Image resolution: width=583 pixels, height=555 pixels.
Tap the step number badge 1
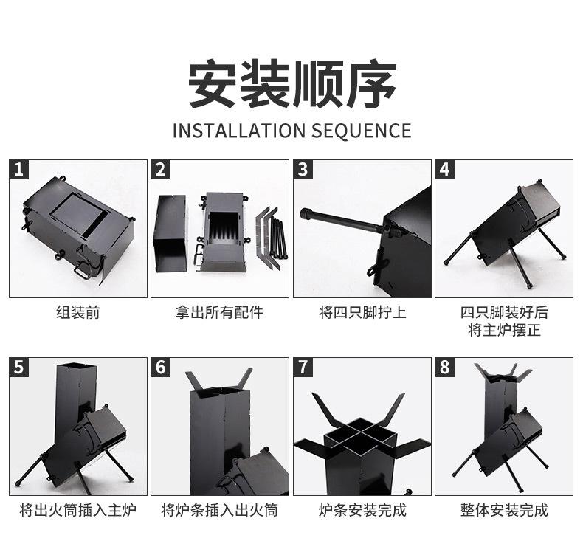pyautogui.click(x=20, y=170)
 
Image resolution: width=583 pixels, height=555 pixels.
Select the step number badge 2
pyautogui.click(x=162, y=170)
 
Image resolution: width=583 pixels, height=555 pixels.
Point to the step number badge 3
pyautogui.click(x=303, y=170)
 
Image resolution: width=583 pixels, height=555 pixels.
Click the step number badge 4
pyautogui.click(x=445, y=170)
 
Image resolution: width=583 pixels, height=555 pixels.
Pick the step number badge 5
pyautogui.click(x=20, y=368)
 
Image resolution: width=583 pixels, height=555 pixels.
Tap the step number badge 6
pyautogui.click(x=162, y=368)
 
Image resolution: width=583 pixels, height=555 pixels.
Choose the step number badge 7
pyautogui.click(x=303, y=368)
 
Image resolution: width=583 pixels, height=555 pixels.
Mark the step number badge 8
pyautogui.click(x=445, y=368)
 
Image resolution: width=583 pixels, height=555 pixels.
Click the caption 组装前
pyautogui.click(x=78, y=312)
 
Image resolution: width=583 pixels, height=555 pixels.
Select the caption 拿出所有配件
pyautogui.click(x=220, y=312)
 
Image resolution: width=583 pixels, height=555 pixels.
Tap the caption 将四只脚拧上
pyautogui.click(x=362, y=312)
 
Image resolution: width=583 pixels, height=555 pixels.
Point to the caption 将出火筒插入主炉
pyautogui.click(x=78, y=510)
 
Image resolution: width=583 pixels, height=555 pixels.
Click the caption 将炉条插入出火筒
pyautogui.click(x=220, y=510)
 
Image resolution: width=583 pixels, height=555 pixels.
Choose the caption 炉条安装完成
pyautogui.click(x=362, y=510)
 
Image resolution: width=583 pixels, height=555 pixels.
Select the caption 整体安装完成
pyautogui.click(x=504, y=510)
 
